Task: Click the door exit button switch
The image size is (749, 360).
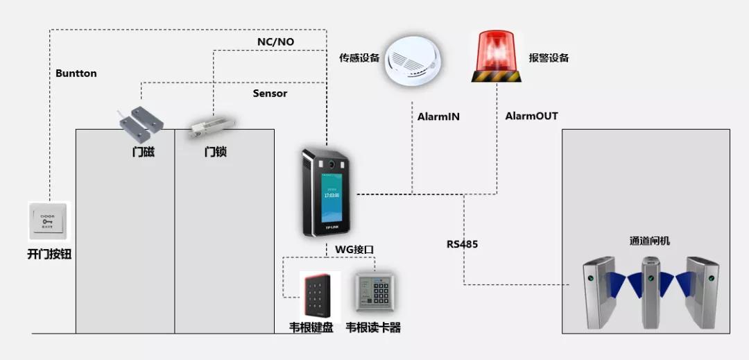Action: coord(49,221)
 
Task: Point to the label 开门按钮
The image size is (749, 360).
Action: coord(49,255)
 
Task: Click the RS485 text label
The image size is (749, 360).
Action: coord(462,244)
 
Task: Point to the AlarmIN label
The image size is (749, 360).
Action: coord(438,117)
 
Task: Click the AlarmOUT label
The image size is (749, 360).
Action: coord(531,116)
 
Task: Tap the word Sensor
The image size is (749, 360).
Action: coord(270,93)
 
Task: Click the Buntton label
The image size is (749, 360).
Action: coord(76,73)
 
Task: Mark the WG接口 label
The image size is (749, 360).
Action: coord(350,249)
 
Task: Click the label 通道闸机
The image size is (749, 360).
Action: coord(649,241)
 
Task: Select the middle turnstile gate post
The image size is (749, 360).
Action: coord(649,291)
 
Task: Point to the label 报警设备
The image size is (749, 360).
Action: coord(549,58)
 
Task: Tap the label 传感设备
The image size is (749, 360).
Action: coord(359,58)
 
